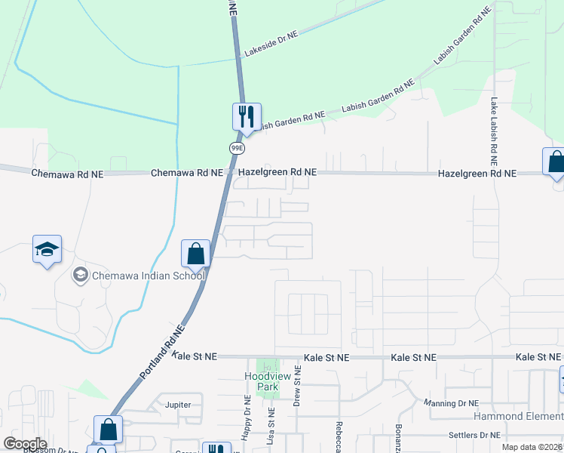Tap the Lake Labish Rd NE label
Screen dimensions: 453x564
coord(494,131)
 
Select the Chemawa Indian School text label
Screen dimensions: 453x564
coord(148,276)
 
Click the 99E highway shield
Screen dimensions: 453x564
coord(237,148)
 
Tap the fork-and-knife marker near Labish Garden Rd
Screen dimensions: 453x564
coord(246,117)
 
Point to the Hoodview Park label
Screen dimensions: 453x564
coord(262,381)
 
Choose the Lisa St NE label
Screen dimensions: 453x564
coord(271,427)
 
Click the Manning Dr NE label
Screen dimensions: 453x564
coord(452,403)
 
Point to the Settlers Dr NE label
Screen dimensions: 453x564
coord(474,435)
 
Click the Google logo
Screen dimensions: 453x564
coord(26,444)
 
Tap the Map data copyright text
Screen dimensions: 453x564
coord(532,447)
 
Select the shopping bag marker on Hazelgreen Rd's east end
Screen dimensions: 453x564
coord(555,162)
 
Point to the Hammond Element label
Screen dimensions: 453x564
coord(518,417)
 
